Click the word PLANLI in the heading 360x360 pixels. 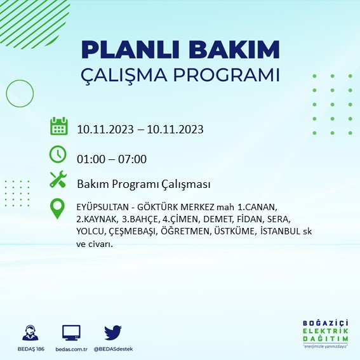coord(130,50)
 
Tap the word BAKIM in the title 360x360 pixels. coord(234,50)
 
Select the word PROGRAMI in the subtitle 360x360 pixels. coord(227,75)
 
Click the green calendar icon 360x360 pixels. coord(59,126)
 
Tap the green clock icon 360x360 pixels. coord(58,154)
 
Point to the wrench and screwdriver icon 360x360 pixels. coord(58,179)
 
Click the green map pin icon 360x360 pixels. coord(57,209)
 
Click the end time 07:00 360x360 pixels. coord(132,159)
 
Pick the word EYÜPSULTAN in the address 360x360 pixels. coord(103,207)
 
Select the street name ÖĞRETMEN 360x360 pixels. coord(186,231)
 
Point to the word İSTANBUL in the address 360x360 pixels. coord(280,231)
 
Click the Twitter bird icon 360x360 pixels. coord(113,333)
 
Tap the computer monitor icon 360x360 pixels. coord(71,333)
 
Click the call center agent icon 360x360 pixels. coord(30,333)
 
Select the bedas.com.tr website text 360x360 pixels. coord(71,349)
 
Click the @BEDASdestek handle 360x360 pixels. coord(113,349)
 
